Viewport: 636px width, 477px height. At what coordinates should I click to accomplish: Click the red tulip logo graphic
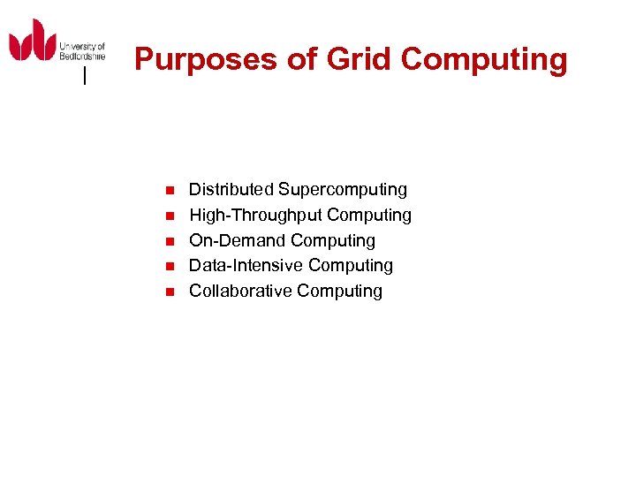click(x=33, y=42)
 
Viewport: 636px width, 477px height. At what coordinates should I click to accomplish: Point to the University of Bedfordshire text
click(x=82, y=49)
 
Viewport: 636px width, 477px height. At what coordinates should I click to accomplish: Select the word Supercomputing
click(x=343, y=189)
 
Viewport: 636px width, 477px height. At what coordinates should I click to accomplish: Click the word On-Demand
click(x=238, y=240)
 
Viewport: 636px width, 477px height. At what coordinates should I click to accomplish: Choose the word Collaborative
click(x=240, y=291)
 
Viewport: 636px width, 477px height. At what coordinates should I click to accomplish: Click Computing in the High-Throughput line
click(x=369, y=215)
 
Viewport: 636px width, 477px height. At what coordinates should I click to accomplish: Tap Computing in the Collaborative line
click(x=340, y=291)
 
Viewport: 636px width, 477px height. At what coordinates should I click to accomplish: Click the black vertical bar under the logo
click(x=84, y=77)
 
